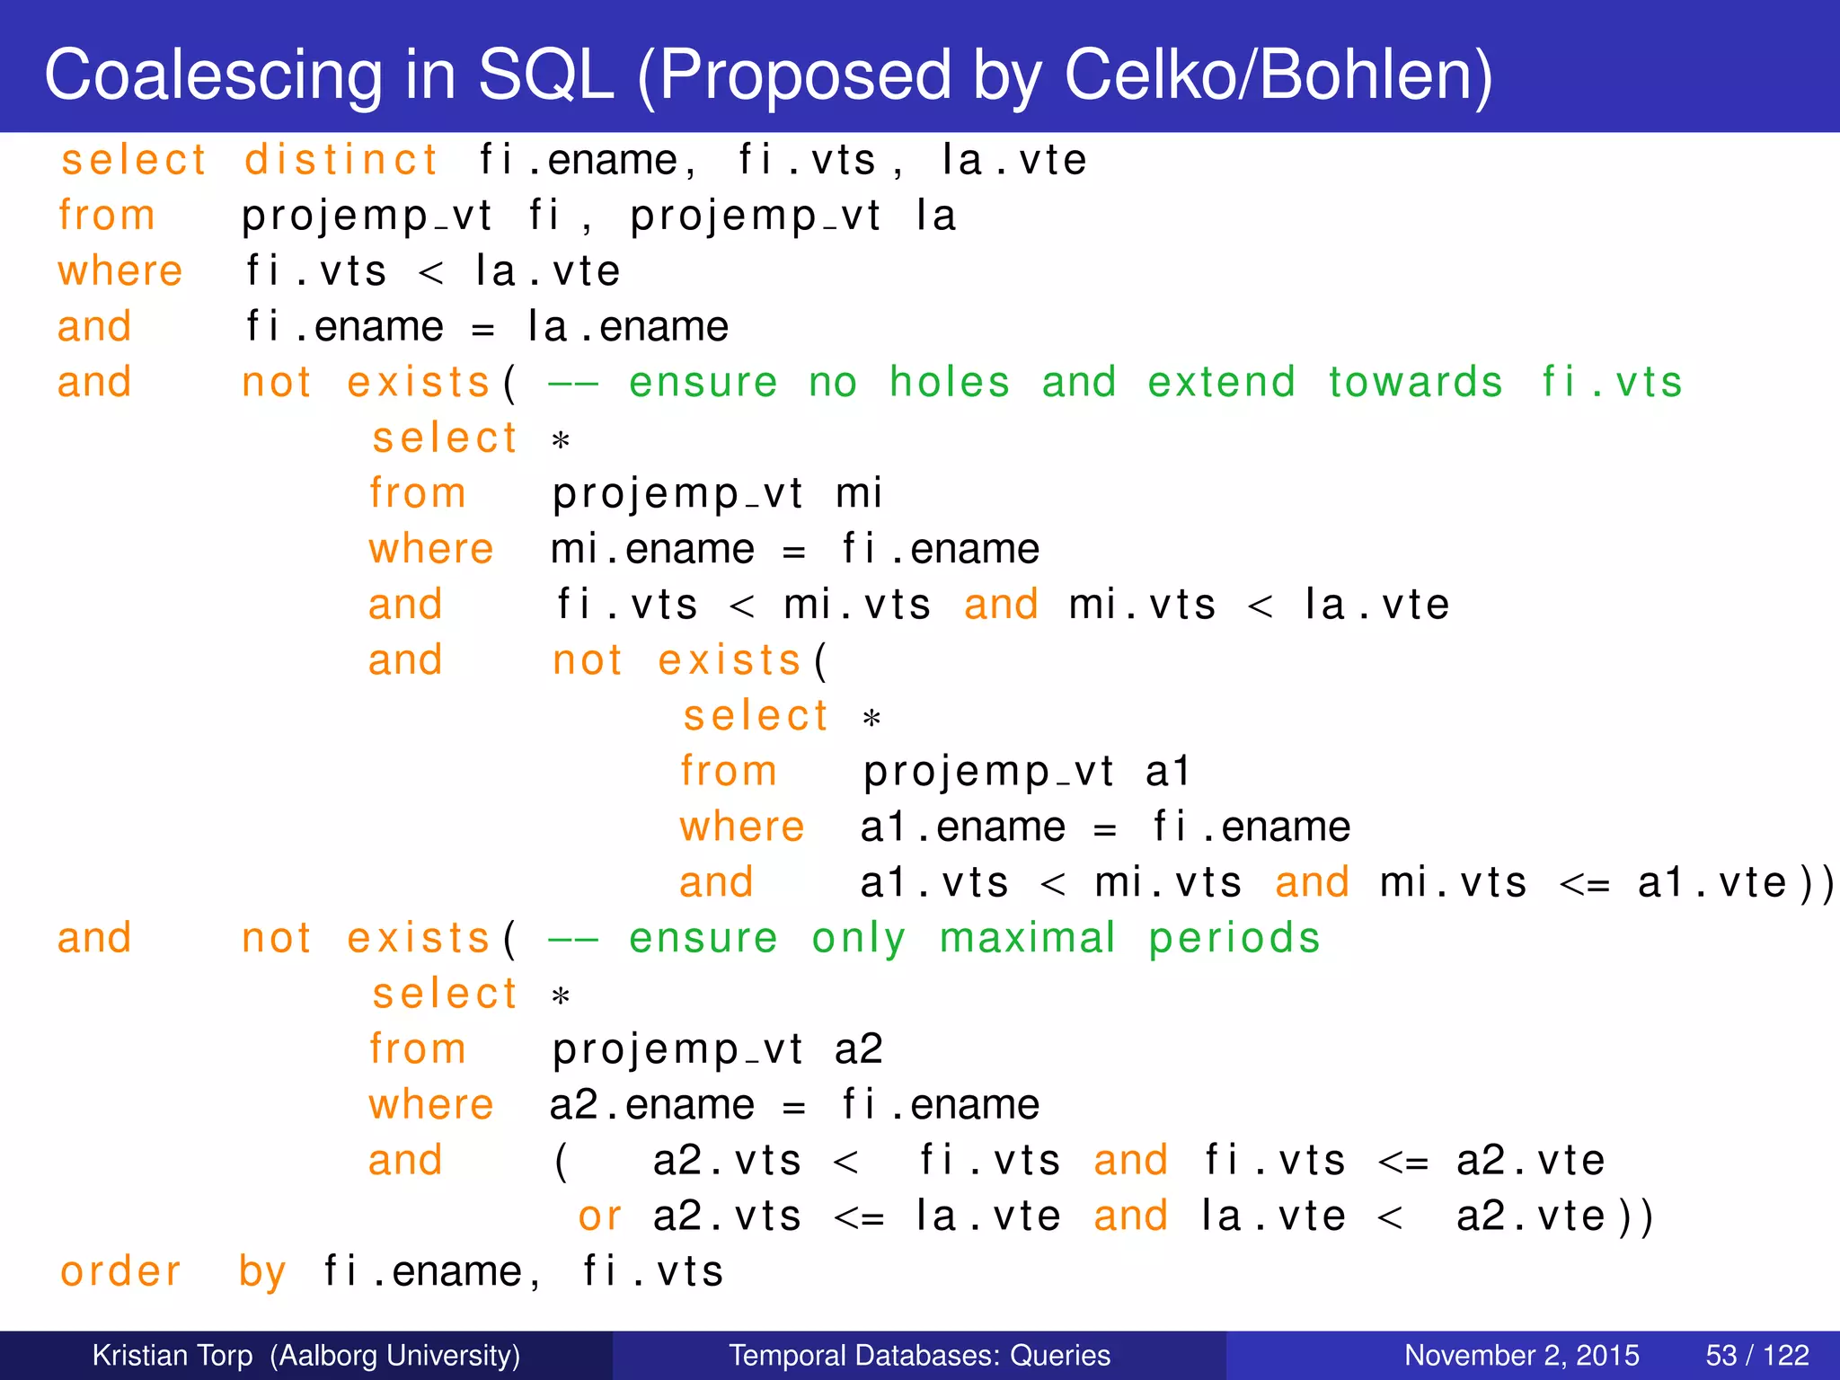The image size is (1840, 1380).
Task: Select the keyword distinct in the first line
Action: click(x=341, y=161)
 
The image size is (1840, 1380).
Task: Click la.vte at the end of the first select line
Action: click(x=1013, y=161)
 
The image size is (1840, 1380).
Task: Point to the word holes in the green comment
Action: click(x=950, y=383)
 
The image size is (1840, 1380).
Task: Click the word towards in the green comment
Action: click(x=1415, y=383)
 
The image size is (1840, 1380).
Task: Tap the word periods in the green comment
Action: click(x=1234, y=939)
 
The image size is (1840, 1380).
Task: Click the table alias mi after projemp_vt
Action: click(x=859, y=494)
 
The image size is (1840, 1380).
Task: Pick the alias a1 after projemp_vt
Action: click(x=1168, y=772)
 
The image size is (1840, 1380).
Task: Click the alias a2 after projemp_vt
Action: click(x=859, y=1049)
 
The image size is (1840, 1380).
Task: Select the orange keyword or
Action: click(x=599, y=1216)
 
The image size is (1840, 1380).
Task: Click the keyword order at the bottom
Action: click(x=121, y=1272)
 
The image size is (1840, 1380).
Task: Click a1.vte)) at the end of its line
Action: click(x=1734, y=883)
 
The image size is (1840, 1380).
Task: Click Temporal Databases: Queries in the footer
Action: click(x=919, y=1355)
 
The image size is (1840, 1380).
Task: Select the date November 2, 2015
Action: click(x=1521, y=1355)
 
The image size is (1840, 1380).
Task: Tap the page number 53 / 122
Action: click(x=1756, y=1355)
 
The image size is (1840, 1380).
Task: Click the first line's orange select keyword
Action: click(x=134, y=161)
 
